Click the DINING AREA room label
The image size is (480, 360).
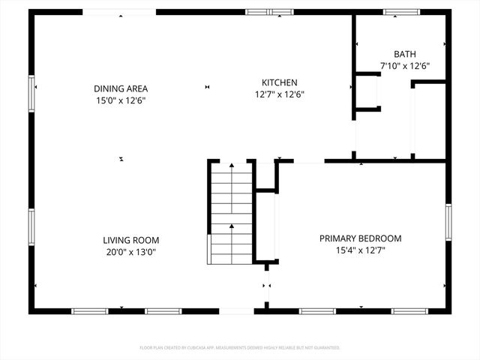pyautogui.click(x=120, y=88)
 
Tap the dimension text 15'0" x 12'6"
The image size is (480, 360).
pyautogui.click(x=120, y=100)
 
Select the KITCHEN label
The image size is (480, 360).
pyautogui.click(x=280, y=82)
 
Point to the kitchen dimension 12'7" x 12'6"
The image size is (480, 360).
pyautogui.click(x=280, y=94)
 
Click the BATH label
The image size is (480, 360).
pyautogui.click(x=405, y=54)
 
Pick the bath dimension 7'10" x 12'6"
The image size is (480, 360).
pyautogui.click(x=405, y=66)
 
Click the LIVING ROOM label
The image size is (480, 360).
pyautogui.click(x=131, y=240)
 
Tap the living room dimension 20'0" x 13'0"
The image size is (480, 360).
pyautogui.click(x=131, y=252)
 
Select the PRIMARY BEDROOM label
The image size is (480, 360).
pyautogui.click(x=360, y=238)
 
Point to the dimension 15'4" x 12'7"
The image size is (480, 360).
pyautogui.click(x=360, y=250)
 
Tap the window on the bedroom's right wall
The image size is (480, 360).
pyautogui.click(x=448, y=225)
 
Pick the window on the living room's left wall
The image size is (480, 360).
pyautogui.click(x=31, y=229)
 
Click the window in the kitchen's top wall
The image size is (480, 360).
pyautogui.click(x=270, y=12)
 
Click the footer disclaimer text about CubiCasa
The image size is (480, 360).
pyautogui.click(x=240, y=348)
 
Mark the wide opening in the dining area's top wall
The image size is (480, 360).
pyautogui.click(x=119, y=12)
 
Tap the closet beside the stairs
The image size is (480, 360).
pyautogui.click(x=265, y=225)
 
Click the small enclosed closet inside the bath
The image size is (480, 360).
pyautogui.click(x=367, y=91)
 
